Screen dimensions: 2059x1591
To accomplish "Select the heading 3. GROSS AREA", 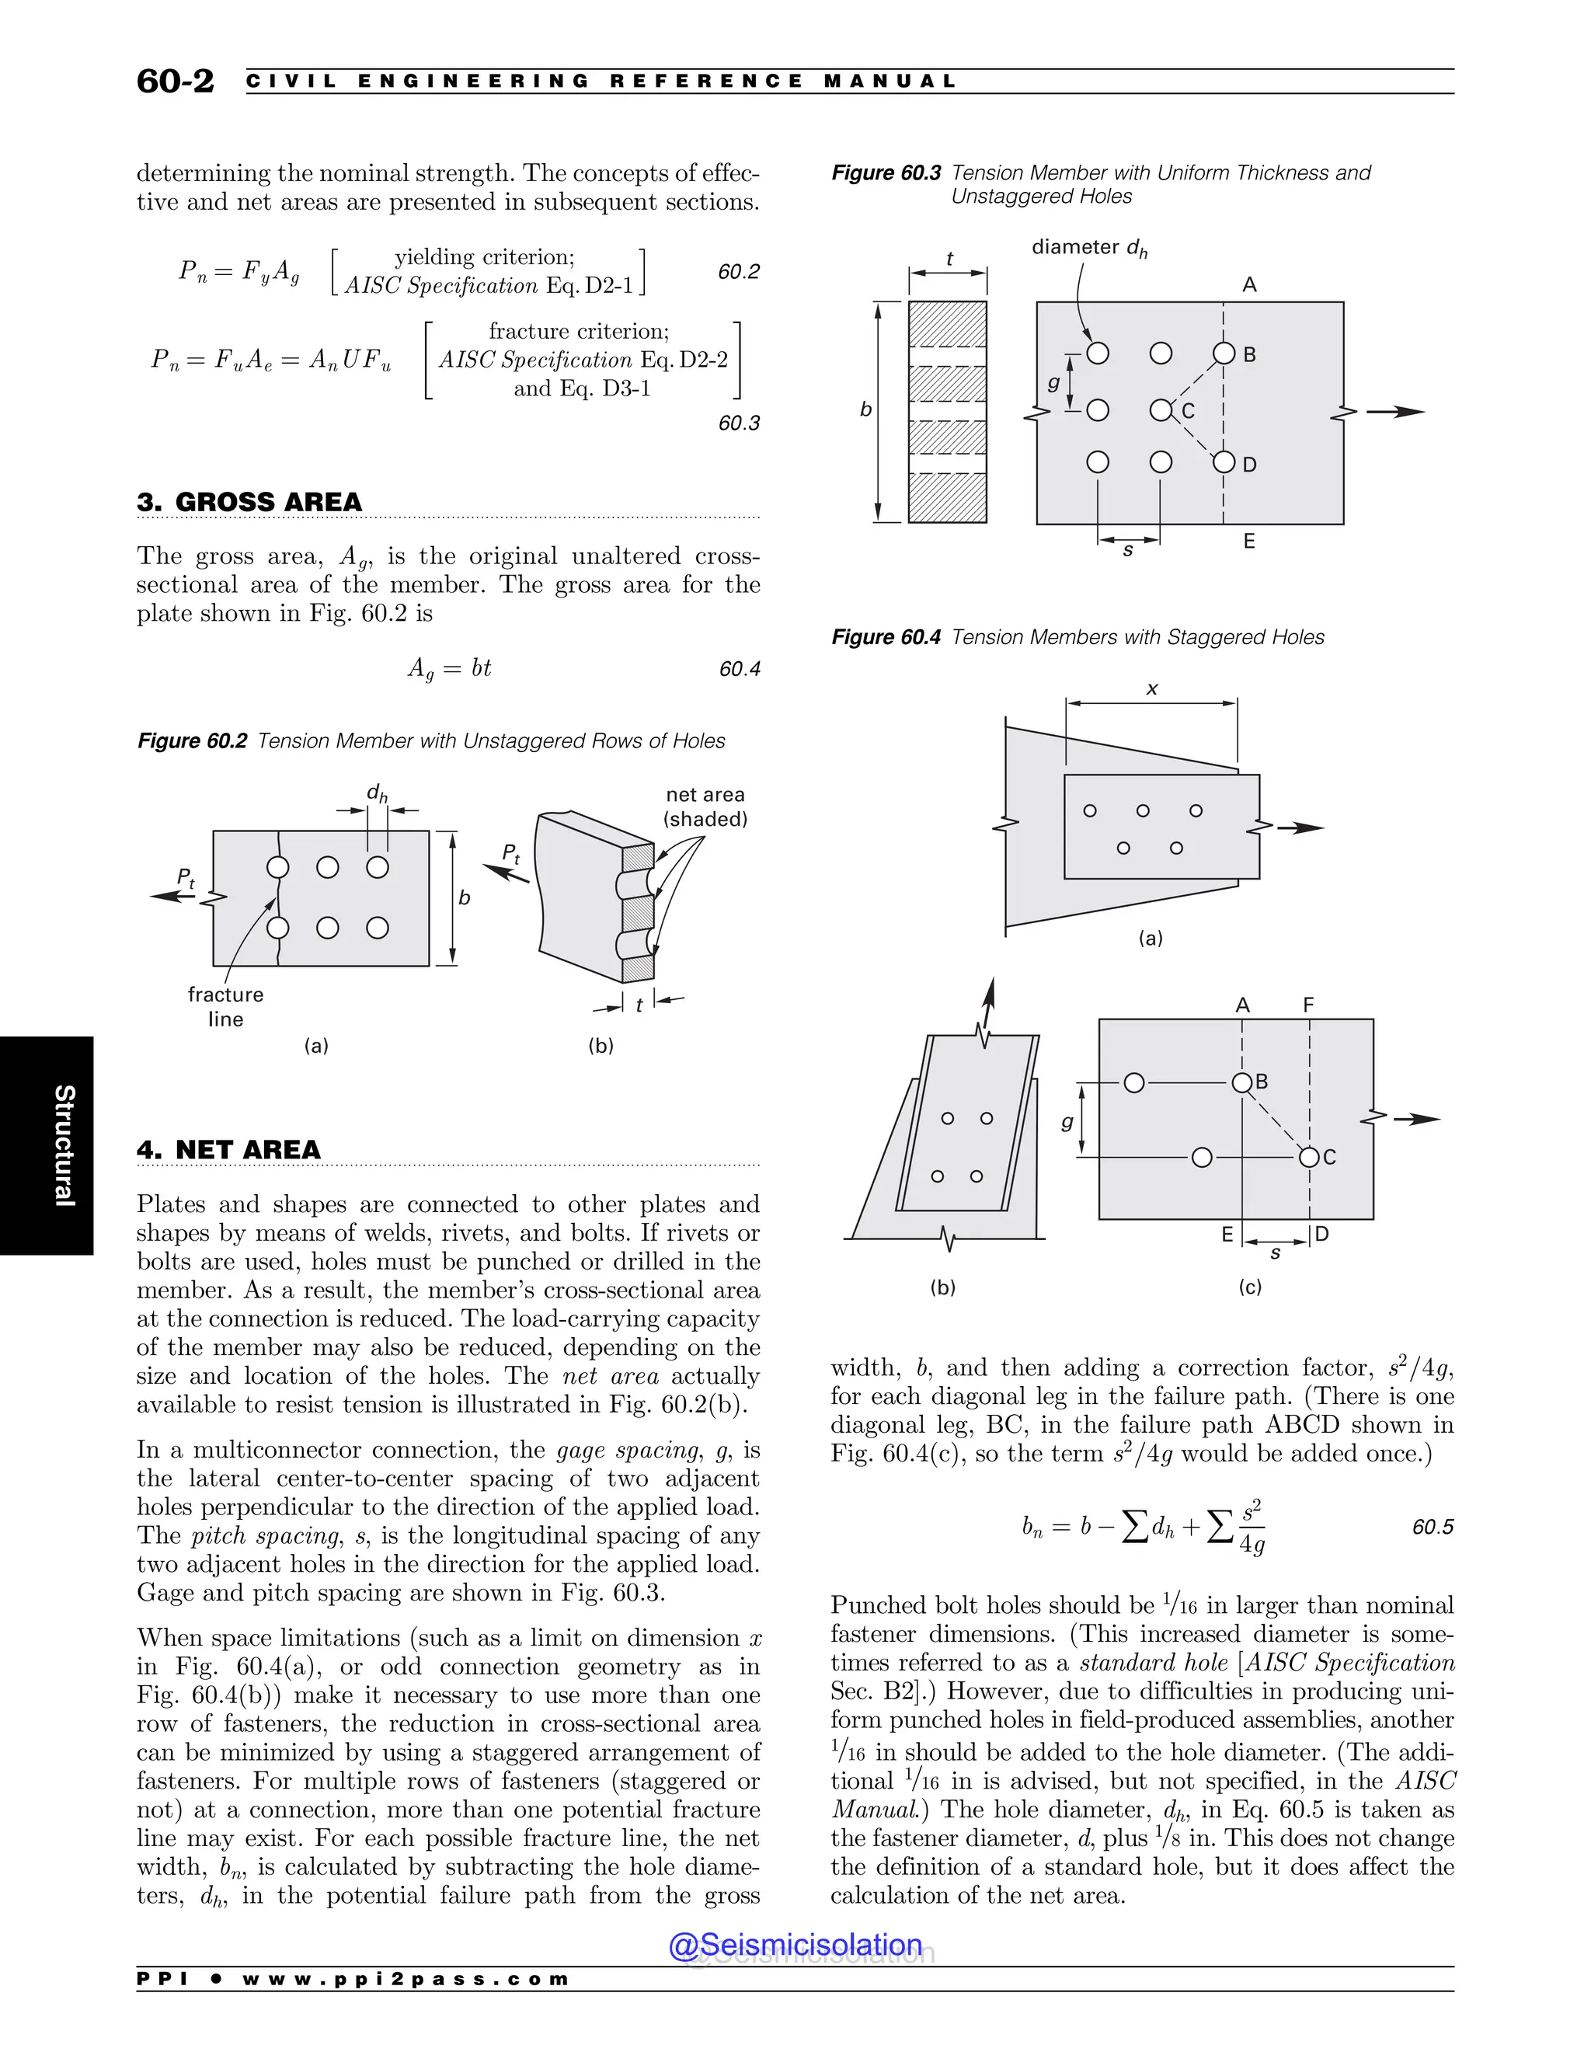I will [250, 502].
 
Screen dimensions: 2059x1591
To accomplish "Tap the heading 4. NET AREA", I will [229, 1149].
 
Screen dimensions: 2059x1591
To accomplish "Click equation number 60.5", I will [1433, 1526].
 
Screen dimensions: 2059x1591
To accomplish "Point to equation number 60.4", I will [739, 668].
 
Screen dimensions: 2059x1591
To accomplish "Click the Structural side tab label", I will [63, 1144].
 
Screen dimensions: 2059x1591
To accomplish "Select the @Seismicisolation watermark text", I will [795, 1945].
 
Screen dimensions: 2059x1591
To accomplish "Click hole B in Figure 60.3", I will [1224, 354].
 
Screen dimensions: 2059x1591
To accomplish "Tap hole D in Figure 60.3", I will [1224, 462].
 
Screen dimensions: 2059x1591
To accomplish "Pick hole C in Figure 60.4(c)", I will [1309, 1157].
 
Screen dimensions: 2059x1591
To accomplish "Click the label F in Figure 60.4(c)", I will [1308, 1005].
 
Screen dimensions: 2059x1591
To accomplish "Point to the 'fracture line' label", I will [225, 1006].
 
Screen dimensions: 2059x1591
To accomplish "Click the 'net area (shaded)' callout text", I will [705, 807].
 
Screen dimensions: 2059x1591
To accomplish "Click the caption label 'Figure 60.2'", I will [193, 741].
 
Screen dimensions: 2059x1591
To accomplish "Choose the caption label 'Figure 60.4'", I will [886, 637].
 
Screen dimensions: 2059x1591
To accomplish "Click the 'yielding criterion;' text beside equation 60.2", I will [485, 257].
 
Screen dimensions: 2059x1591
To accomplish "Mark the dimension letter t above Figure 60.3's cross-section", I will [949, 258].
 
